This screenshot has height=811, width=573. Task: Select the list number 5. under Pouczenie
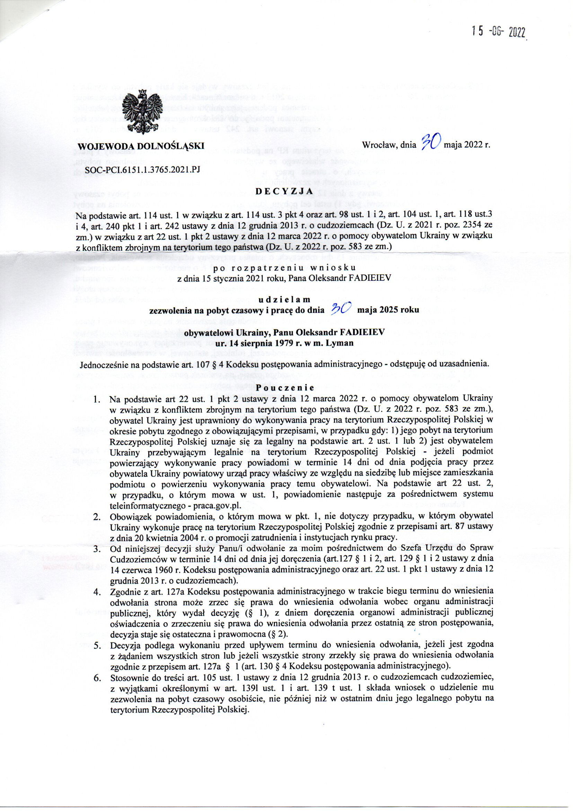(x=96, y=644)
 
